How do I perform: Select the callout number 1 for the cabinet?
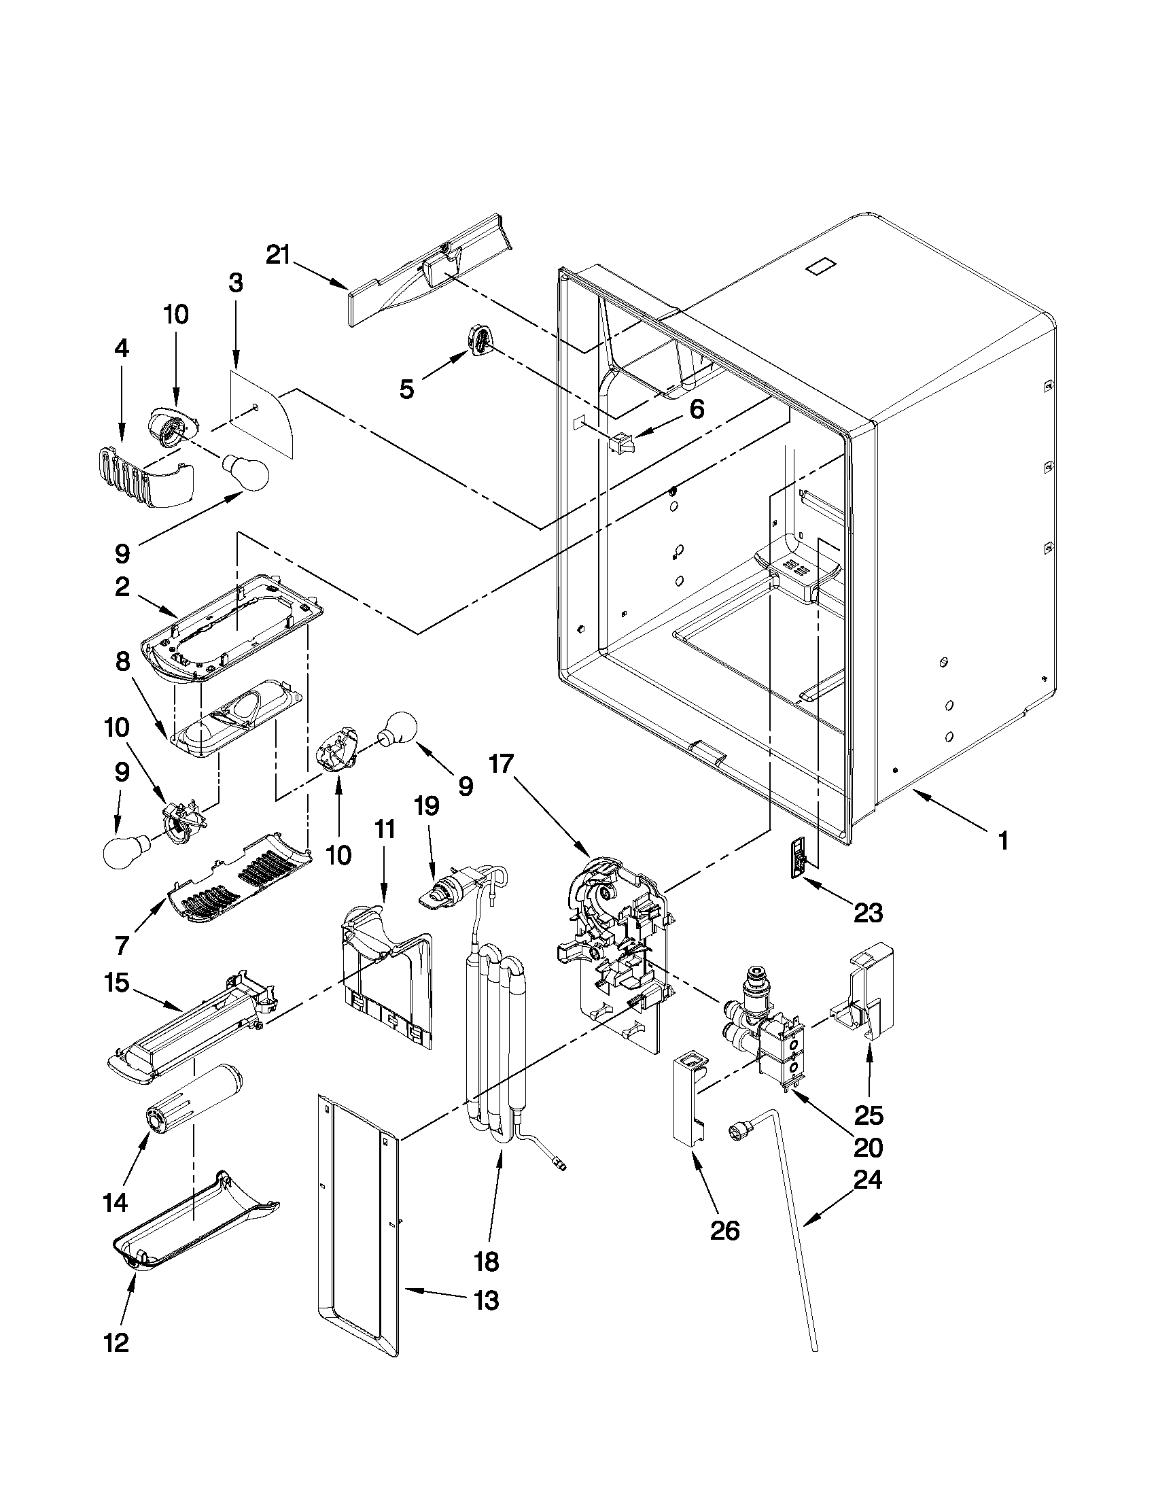point(1002,841)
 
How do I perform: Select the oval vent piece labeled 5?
point(479,340)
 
